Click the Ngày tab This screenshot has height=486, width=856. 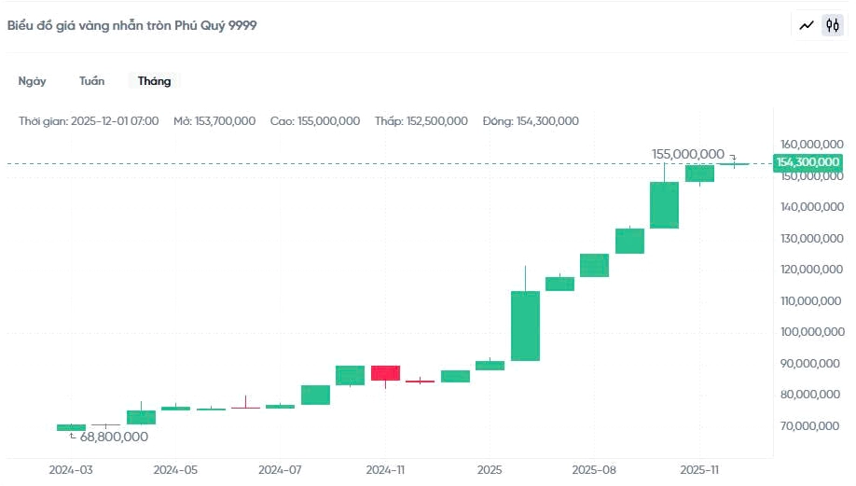[x=32, y=81]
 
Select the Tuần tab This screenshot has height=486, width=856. [x=91, y=81]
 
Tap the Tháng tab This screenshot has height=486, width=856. [x=154, y=81]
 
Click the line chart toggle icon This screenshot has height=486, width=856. [x=807, y=25]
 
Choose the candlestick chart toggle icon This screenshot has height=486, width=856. [x=831, y=25]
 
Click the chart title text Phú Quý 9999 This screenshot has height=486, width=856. [x=131, y=25]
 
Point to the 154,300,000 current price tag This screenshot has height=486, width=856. [x=807, y=162]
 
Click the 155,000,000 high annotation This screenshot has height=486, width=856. [x=688, y=154]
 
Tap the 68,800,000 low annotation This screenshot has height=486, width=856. [x=114, y=437]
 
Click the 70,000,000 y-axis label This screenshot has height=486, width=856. [x=811, y=426]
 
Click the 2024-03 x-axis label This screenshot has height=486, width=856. [x=71, y=470]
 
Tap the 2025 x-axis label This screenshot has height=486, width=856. [x=490, y=470]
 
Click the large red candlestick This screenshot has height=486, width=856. [x=385, y=373]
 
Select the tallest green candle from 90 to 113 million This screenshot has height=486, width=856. [x=525, y=326]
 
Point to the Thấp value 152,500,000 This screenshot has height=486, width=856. [x=436, y=121]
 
